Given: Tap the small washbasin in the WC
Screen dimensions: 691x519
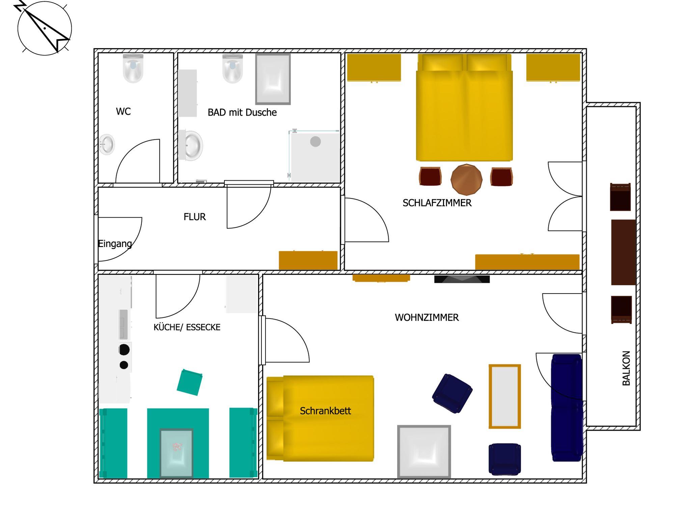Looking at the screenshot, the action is [107, 145].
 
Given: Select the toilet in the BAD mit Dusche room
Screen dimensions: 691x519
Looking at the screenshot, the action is [232, 68].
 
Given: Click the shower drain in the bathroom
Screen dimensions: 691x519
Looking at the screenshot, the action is [315, 141].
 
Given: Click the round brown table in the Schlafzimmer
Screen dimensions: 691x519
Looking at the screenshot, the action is [466, 180].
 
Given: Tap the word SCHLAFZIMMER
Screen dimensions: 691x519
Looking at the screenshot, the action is [437, 203].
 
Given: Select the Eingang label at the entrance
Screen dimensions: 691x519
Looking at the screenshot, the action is [115, 244].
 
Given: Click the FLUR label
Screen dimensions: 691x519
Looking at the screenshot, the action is [195, 217].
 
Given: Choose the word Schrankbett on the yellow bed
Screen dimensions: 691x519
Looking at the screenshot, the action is [325, 411].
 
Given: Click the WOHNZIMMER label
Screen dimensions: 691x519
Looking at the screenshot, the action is [427, 318].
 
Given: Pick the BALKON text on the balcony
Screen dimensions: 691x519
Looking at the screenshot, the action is [626, 368].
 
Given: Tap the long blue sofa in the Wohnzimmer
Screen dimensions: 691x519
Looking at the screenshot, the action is [567, 408].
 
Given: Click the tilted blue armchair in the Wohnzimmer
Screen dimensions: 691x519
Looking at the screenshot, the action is [452, 393].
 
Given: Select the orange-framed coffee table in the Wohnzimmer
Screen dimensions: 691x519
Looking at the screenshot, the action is [505, 397].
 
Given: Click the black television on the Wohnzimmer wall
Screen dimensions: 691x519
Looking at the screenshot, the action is [462, 279].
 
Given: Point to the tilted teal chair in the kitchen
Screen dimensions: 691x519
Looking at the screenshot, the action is [190, 382].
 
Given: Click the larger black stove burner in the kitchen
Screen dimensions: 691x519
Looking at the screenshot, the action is [124, 350].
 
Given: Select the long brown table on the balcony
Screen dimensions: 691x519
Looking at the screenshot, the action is [624, 252].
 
